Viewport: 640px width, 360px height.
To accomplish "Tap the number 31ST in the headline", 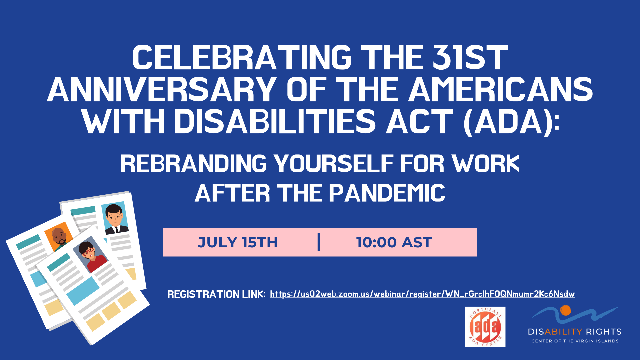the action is coord(470,58).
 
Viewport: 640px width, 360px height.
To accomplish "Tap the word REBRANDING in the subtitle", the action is coord(193,164).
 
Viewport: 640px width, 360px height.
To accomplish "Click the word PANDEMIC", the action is coord(387,193).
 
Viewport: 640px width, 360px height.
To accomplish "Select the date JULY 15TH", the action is coord(238,242).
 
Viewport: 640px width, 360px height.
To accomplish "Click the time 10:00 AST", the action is coord(394,242).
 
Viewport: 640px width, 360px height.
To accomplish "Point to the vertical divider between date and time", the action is coord(319,242).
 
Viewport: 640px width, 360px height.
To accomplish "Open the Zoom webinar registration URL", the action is coord(422,294).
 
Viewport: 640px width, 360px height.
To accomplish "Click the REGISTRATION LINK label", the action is coord(216,294).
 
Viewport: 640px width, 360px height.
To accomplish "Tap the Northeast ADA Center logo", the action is coord(485,327).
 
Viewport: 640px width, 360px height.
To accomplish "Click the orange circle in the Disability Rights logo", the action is coord(566,310).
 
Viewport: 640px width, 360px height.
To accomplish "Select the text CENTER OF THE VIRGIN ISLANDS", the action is coord(575,341).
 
